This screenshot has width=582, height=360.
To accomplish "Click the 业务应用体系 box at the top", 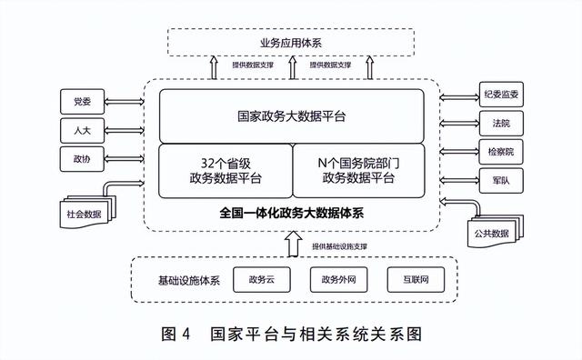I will (291, 42).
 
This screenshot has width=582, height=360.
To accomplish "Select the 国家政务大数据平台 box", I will (291, 116).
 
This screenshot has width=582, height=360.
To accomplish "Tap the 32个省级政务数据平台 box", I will (225, 171).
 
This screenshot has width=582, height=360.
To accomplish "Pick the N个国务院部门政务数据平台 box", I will (358, 171).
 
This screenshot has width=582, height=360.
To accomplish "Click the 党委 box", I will (82, 99).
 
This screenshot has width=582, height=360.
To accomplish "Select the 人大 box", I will (82, 129).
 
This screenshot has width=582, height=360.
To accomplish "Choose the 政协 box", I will (82, 159).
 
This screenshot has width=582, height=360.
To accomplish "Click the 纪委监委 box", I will (500, 94).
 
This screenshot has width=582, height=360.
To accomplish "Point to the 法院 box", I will (500, 122).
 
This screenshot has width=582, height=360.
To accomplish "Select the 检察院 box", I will (500, 151).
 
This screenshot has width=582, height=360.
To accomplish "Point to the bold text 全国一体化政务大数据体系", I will (291, 215).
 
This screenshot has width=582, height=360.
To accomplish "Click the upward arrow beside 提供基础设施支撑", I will (291, 245).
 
